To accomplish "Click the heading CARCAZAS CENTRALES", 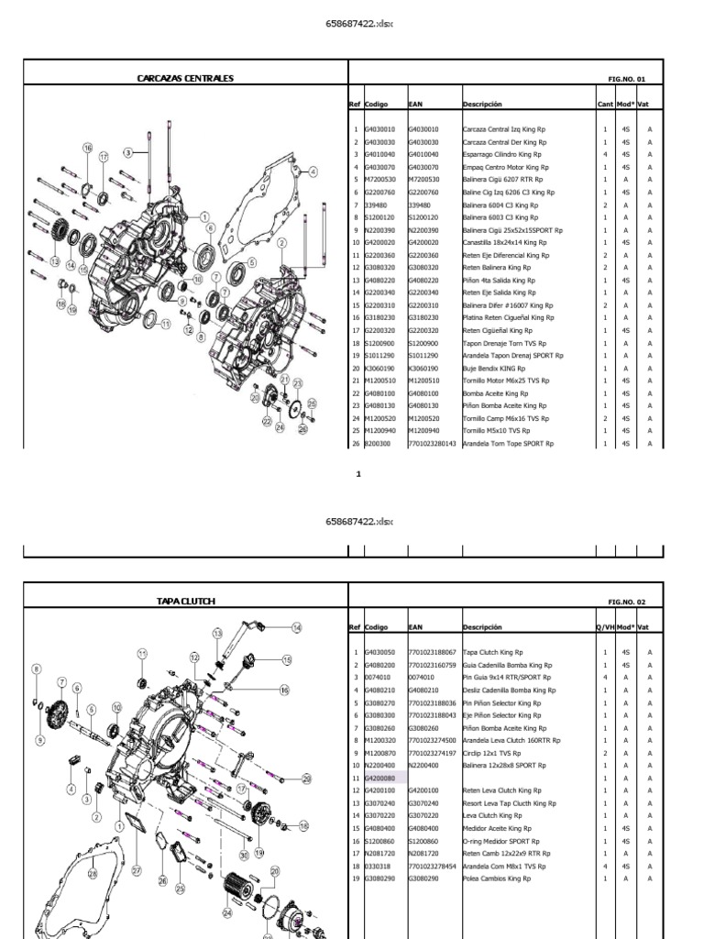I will coord(185,79).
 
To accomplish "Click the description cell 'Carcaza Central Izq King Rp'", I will coord(504,130).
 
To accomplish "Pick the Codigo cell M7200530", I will coord(380,181).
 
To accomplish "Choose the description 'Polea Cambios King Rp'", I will coord(496,878).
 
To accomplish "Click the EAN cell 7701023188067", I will coord(432,652).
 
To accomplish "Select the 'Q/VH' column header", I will coord(605,627).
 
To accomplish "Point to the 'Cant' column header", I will coord(605,105).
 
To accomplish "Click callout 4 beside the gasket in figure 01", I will coord(312,171).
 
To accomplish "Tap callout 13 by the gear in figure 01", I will coord(56,262).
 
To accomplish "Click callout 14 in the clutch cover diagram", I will coord(296,627).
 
